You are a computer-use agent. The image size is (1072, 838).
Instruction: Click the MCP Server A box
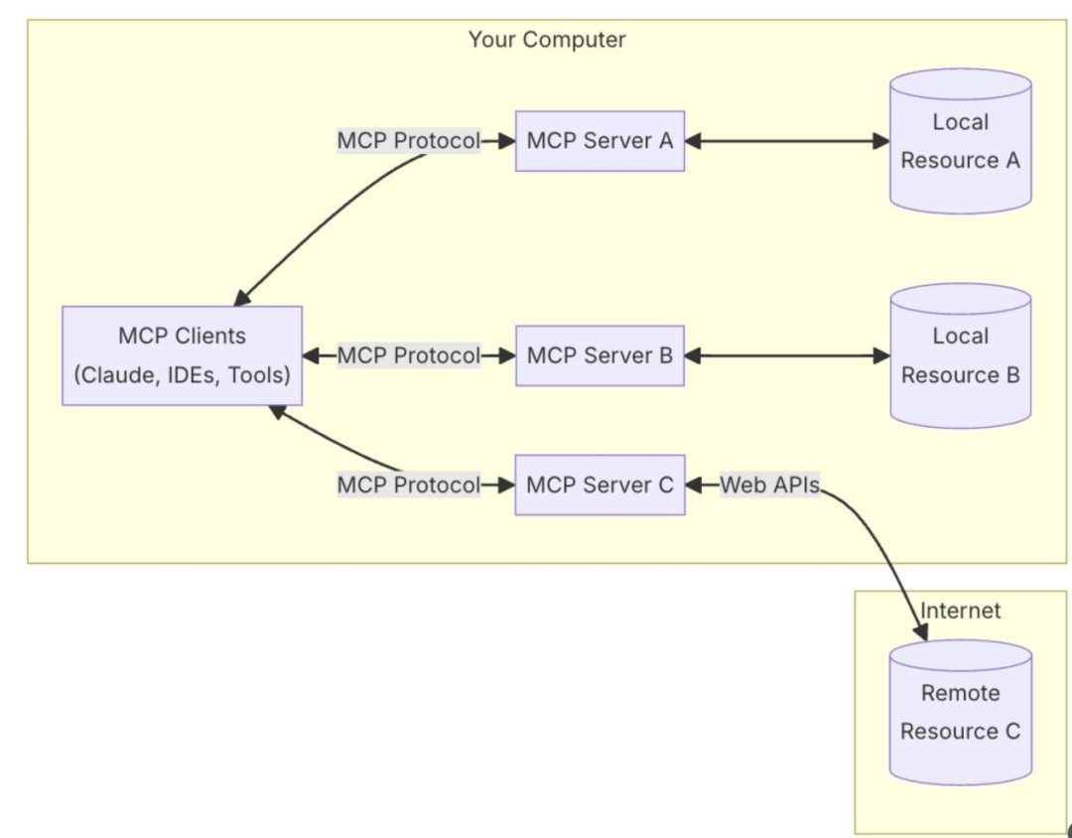[600, 141]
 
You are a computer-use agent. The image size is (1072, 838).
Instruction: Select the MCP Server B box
[600, 355]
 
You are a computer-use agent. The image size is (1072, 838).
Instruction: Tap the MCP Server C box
[600, 485]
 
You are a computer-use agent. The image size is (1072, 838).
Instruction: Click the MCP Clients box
[182, 355]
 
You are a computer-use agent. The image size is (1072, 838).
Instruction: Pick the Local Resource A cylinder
[960, 141]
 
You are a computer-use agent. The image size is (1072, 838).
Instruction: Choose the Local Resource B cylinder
[960, 355]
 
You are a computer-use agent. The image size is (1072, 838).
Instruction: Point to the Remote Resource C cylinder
[960, 712]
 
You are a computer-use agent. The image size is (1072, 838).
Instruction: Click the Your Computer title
[547, 40]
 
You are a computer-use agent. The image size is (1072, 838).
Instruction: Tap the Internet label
[961, 611]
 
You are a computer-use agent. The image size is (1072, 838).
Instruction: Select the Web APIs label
[769, 485]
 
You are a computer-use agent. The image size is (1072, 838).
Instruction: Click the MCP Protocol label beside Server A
[408, 141]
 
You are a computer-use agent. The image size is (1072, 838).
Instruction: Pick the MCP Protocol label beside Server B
[408, 355]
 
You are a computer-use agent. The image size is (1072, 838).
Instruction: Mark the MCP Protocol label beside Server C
[408, 485]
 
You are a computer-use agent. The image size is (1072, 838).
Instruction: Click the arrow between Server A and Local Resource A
[787, 141]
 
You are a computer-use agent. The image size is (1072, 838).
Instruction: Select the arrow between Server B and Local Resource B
[787, 355]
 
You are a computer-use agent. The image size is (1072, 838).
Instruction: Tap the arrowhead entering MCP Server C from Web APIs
[694, 485]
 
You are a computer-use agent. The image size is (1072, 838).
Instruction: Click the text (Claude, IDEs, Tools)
[182, 376]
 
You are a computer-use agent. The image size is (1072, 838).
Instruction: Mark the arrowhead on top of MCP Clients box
[241, 297]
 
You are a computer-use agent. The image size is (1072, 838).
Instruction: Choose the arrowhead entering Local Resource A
[881, 141]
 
